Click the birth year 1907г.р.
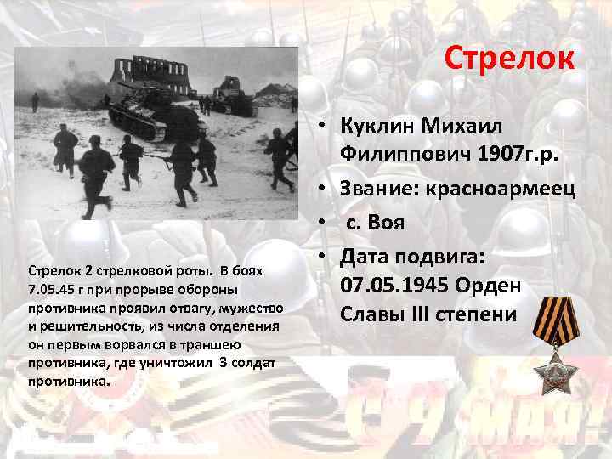pos(496,155)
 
